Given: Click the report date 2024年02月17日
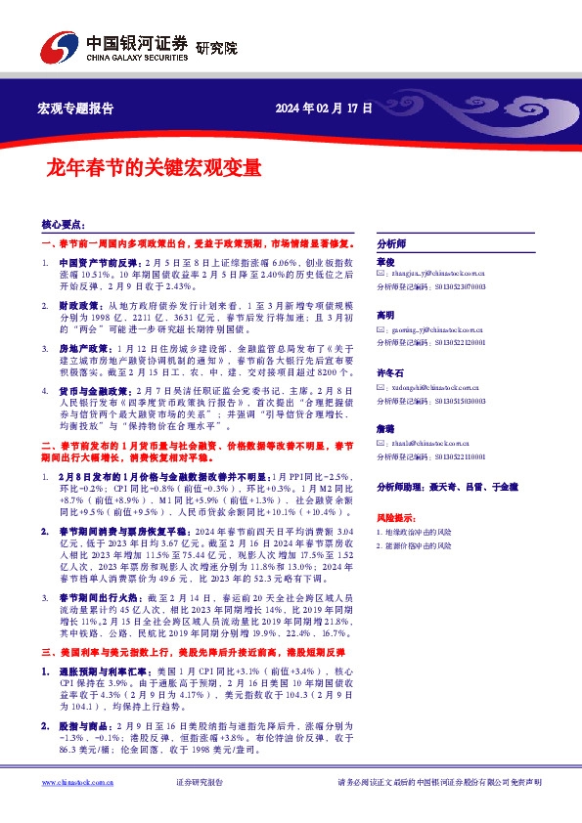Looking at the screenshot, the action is (324, 108).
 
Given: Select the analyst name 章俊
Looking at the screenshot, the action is (384, 263).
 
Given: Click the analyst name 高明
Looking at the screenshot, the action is (384, 317).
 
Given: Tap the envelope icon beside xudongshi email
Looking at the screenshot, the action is (381, 387).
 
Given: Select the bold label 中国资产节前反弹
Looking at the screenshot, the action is (99, 264).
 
